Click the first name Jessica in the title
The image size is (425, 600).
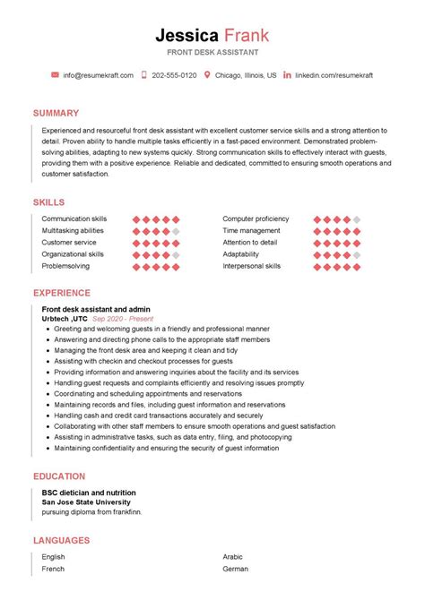tap(186, 36)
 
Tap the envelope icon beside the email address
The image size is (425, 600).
tap(55, 75)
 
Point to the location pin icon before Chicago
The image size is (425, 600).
tap(208, 75)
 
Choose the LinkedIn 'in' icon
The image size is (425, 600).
tap(287, 75)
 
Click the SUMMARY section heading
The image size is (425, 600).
tap(56, 114)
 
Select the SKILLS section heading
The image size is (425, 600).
tap(48, 203)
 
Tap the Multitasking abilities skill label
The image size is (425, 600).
tap(73, 231)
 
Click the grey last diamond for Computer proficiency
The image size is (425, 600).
tap(356, 219)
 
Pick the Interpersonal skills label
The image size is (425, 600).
tap(252, 266)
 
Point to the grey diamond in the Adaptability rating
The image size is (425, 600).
tap(356, 254)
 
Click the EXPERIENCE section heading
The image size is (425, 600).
tap(62, 293)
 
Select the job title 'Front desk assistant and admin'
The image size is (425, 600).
tap(96, 309)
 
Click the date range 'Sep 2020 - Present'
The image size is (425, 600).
tap(123, 319)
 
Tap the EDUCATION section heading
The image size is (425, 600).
tap(59, 476)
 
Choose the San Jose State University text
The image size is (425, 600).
tap(87, 502)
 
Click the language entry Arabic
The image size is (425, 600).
tap(233, 556)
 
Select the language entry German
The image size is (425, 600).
tap(235, 568)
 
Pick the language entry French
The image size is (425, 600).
tap(53, 568)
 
